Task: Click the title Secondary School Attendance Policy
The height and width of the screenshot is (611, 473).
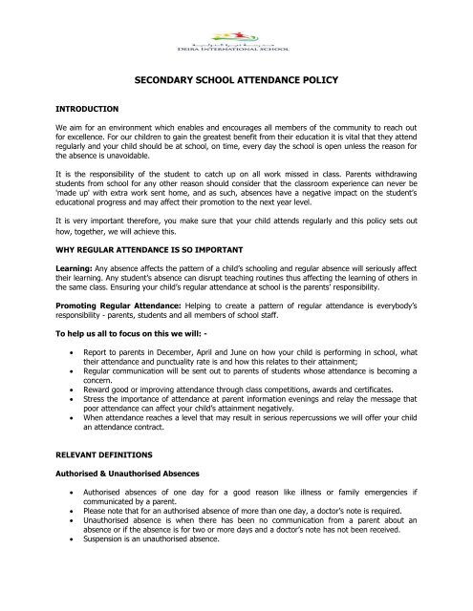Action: pyautogui.click(x=235, y=83)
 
